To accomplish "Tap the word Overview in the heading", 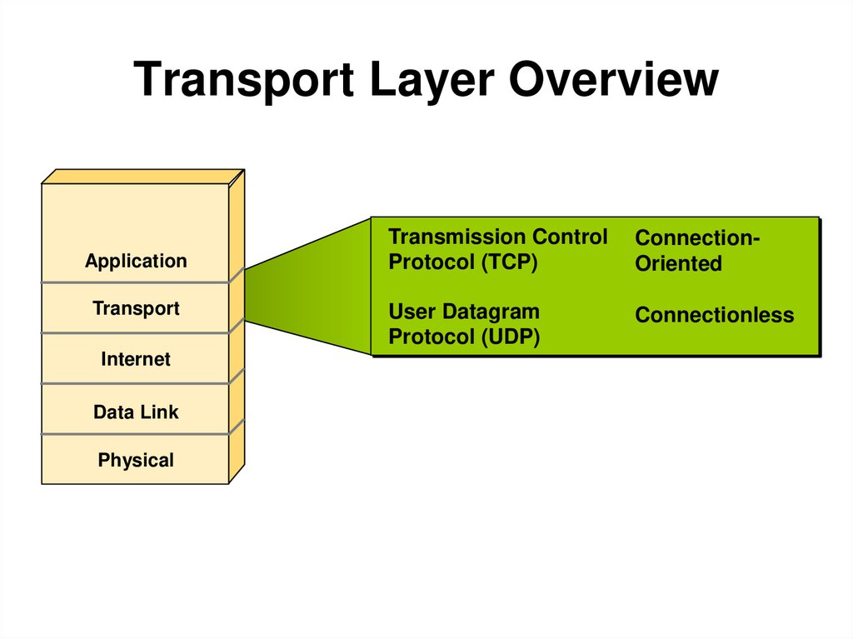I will pyautogui.click(x=614, y=81).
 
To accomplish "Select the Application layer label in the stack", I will pyautogui.click(x=136, y=261).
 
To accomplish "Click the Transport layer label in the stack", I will pyautogui.click(x=136, y=308).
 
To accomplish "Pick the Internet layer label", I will pyautogui.click(x=136, y=360).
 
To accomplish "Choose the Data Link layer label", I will pyautogui.click(x=136, y=412).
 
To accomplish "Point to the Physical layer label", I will pyautogui.click(x=136, y=460).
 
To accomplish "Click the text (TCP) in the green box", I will pyautogui.click(x=509, y=262).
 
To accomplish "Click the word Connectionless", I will pyautogui.click(x=714, y=315).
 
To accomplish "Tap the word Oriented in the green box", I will pyautogui.click(x=678, y=264).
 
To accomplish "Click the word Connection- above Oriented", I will pyautogui.click(x=697, y=238).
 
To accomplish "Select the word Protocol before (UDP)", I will pyautogui.click(x=430, y=337).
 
